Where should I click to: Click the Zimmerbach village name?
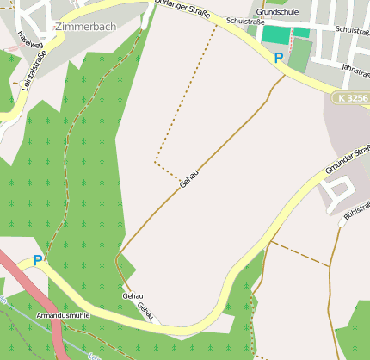pos(84,27)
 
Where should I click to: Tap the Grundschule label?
pos(276,12)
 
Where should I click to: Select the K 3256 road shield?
pos(352,98)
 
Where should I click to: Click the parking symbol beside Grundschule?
pos(277,59)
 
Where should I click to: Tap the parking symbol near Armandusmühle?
pos(38,259)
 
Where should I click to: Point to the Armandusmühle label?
pos(63,316)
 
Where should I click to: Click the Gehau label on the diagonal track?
pos(190,178)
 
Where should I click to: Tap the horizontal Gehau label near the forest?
pos(133,295)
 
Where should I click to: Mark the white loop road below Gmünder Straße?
pos(338,189)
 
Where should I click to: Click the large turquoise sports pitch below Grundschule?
pos(275,34)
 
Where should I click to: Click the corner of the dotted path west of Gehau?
pos(155,161)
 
